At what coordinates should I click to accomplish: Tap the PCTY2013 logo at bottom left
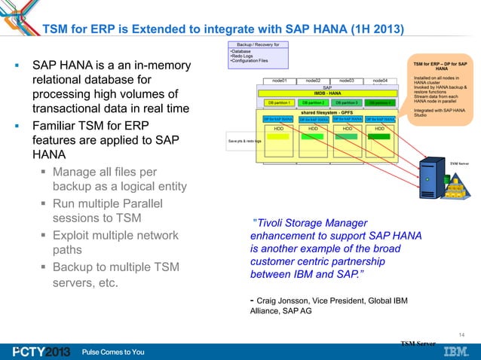[38, 352]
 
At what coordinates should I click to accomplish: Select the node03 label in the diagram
[347, 80]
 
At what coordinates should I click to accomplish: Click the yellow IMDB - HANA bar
[330, 93]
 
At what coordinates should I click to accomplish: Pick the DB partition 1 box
[279, 102]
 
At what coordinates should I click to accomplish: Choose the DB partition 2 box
[312, 102]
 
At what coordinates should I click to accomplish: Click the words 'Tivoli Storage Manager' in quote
[312, 222]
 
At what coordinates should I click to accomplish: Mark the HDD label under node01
[278, 129]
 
